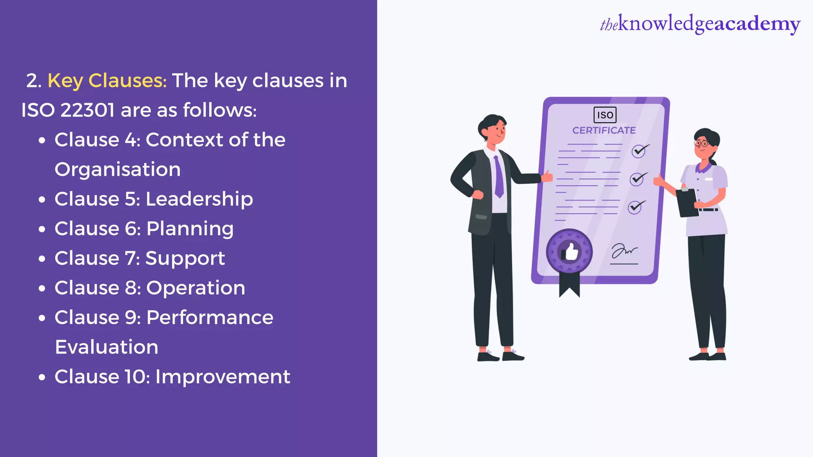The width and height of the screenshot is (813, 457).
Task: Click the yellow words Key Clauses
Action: click(x=107, y=81)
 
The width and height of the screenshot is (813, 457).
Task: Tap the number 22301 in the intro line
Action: click(x=87, y=110)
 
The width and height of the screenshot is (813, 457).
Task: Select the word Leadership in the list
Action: click(x=199, y=199)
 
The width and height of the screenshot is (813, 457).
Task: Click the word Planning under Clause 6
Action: click(x=190, y=229)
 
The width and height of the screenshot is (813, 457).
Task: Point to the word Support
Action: click(x=185, y=259)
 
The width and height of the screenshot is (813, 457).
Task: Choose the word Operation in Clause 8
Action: click(x=195, y=288)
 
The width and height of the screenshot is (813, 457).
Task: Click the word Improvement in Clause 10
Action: click(x=223, y=376)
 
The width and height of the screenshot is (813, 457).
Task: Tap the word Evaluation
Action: click(x=106, y=347)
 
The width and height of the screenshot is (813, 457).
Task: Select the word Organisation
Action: click(x=118, y=169)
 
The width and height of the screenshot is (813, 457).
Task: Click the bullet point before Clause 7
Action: click(x=42, y=259)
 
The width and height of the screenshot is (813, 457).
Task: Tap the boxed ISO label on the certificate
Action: click(x=605, y=115)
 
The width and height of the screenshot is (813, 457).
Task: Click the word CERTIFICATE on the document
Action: click(x=604, y=131)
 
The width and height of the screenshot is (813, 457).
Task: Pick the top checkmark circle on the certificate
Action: click(x=639, y=151)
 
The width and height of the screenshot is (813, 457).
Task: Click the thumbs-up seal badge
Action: click(x=569, y=252)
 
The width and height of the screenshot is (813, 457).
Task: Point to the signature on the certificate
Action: click(x=624, y=252)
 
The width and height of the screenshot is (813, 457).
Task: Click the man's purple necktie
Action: click(x=499, y=176)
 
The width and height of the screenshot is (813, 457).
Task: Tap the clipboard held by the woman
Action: click(x=687, y=203)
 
